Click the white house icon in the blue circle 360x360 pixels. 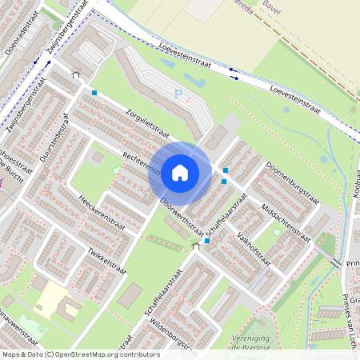pyautogui.click(x=180, y=172)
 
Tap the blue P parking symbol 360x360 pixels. pyautogui.click(x=178, y=95)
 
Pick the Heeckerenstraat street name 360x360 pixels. pyautogui.click(x=102, y=209)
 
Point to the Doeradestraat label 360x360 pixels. pyautogui.click(x=21, y=37)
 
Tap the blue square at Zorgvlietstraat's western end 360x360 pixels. pyautogui.click(x=94, y=94)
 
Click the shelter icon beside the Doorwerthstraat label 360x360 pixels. pyautogui.click(x=195, y=248)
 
